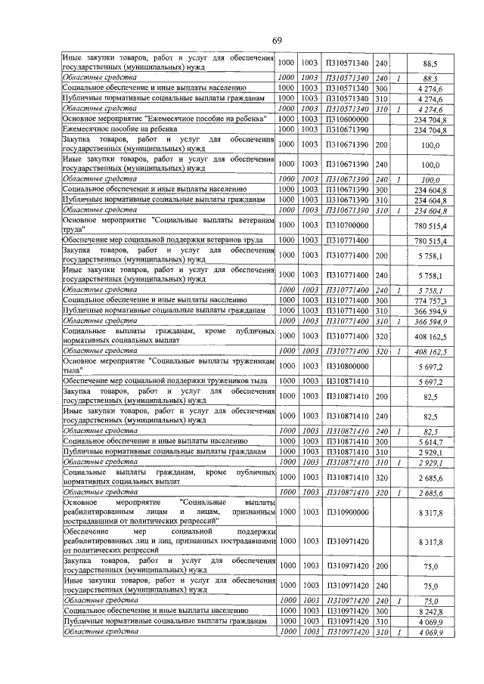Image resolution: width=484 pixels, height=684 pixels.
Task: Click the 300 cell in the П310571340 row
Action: point(381,88)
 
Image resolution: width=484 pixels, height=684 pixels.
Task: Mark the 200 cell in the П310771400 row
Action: point(381,256)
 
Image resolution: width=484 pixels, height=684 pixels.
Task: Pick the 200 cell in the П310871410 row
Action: point(381,398)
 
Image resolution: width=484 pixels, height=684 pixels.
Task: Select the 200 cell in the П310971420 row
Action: point(381,565)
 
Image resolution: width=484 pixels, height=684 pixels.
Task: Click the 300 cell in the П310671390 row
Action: point(381,189)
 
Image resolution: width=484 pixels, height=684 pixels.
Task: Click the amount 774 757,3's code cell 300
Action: point(381,299)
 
